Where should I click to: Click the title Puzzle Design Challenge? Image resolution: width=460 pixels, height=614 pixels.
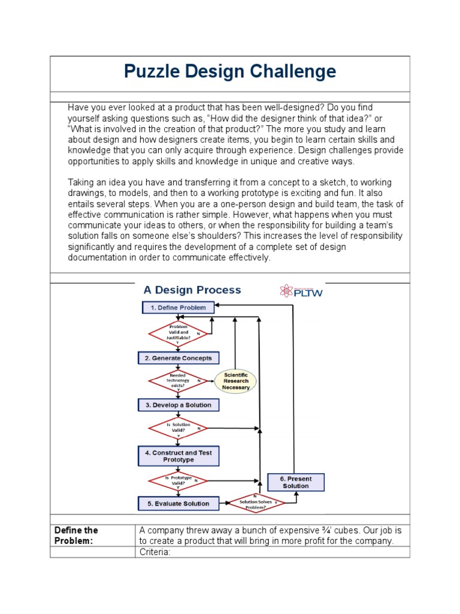(230, 72)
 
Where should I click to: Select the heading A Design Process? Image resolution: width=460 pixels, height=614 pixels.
(192, 290)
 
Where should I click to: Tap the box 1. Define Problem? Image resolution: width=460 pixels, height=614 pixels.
(178, 308)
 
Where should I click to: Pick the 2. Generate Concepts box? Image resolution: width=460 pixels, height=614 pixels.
(178, 358)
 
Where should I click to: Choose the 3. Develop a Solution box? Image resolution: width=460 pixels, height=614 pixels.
(178, 405)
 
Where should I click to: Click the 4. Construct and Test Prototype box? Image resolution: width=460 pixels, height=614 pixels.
(178, 456)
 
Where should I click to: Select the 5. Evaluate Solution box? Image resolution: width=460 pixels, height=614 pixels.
(178, 504)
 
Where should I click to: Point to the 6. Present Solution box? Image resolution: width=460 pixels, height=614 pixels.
(295, 482)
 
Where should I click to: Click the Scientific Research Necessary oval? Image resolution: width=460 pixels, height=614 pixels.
(235, 381)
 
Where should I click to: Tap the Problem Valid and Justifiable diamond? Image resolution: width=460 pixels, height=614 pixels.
(178, 333)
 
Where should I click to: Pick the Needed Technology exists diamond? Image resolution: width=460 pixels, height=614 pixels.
(178, 381)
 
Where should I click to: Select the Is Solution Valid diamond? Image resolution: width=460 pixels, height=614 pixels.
(178, 428)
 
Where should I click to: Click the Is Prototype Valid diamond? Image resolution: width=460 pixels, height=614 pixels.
(178, 480)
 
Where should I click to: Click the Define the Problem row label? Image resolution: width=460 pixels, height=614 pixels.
(76, 535)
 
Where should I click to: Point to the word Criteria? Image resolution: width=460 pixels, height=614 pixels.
(155, 552)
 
